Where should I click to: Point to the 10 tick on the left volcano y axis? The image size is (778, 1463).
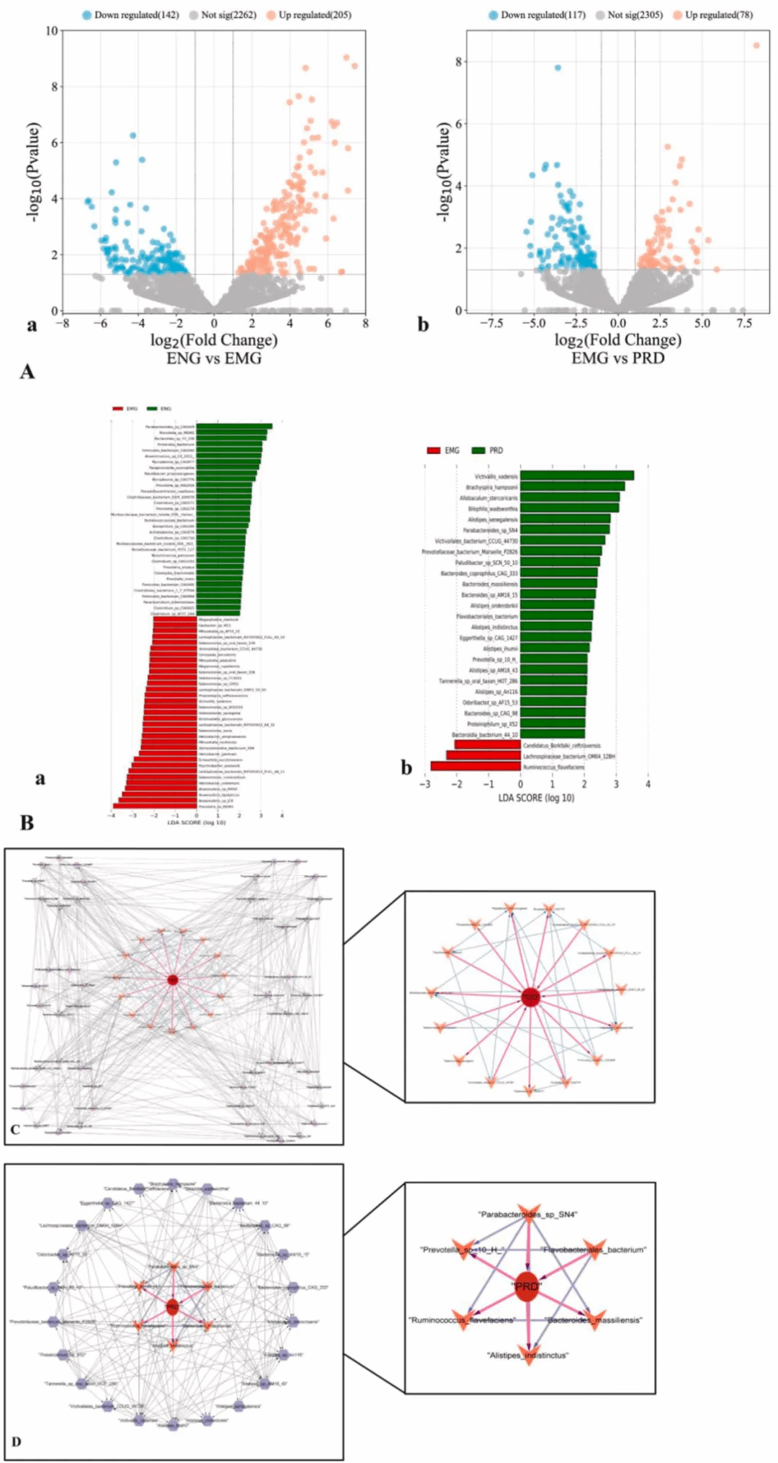[52, 31]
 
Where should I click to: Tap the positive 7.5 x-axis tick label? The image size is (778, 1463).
[744, 324]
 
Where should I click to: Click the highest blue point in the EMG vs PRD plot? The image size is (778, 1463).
[558, 68]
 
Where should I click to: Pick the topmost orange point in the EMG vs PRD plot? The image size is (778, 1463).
[756, 45]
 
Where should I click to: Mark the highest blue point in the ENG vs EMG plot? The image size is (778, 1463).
[133, 135]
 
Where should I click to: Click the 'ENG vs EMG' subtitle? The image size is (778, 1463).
[214, 358]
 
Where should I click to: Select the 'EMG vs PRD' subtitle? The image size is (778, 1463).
[617, 358]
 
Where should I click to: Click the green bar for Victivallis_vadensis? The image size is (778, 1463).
[576, 476]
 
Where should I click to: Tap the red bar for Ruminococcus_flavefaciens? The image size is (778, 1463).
[475, 767]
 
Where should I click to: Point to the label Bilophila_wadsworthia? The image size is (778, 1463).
[493, 509]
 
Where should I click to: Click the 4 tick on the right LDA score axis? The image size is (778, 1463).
[648, 784]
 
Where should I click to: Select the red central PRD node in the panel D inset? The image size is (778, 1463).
[527, 1287]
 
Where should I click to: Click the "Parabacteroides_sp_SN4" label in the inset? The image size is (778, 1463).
[528, 1214]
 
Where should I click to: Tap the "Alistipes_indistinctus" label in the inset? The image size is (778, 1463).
[528, 1356]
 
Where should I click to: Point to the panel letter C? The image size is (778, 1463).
[15, 1129]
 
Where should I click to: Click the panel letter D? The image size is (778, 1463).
[16, 1441]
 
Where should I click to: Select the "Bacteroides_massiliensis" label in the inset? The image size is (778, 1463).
[594, 1320]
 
